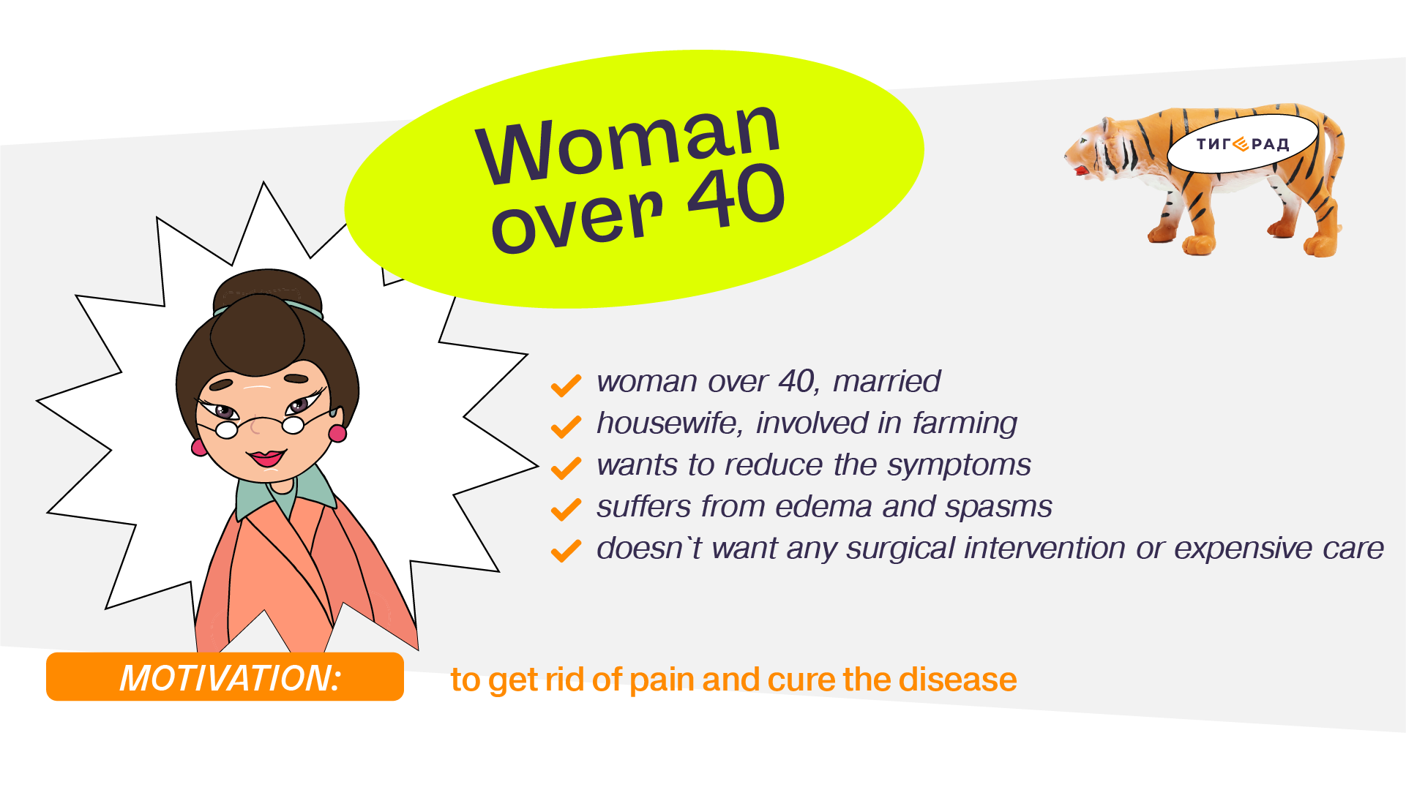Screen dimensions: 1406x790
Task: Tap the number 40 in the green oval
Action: pos(736,195)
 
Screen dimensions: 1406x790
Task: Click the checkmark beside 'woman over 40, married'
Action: pos(566,385)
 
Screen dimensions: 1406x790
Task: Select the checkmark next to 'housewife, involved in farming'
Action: pos(566,426)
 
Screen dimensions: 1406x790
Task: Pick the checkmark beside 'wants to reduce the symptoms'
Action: pos(566,468)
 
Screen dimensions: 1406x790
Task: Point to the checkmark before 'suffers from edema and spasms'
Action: pos(566,510)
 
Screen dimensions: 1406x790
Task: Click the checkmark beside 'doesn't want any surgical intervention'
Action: pos(566,552)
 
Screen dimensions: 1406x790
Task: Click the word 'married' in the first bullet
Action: pos(886,381)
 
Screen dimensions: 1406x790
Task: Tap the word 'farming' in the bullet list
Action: pos(965,424)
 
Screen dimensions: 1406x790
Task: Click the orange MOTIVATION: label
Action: pos(225,677)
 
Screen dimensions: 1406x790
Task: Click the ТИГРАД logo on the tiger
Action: pos(1242,144)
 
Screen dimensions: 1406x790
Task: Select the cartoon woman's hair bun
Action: pos(266,292)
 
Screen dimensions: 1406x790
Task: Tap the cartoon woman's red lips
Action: pos(266,458)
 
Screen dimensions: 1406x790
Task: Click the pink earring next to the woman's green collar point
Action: pos(337,433)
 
